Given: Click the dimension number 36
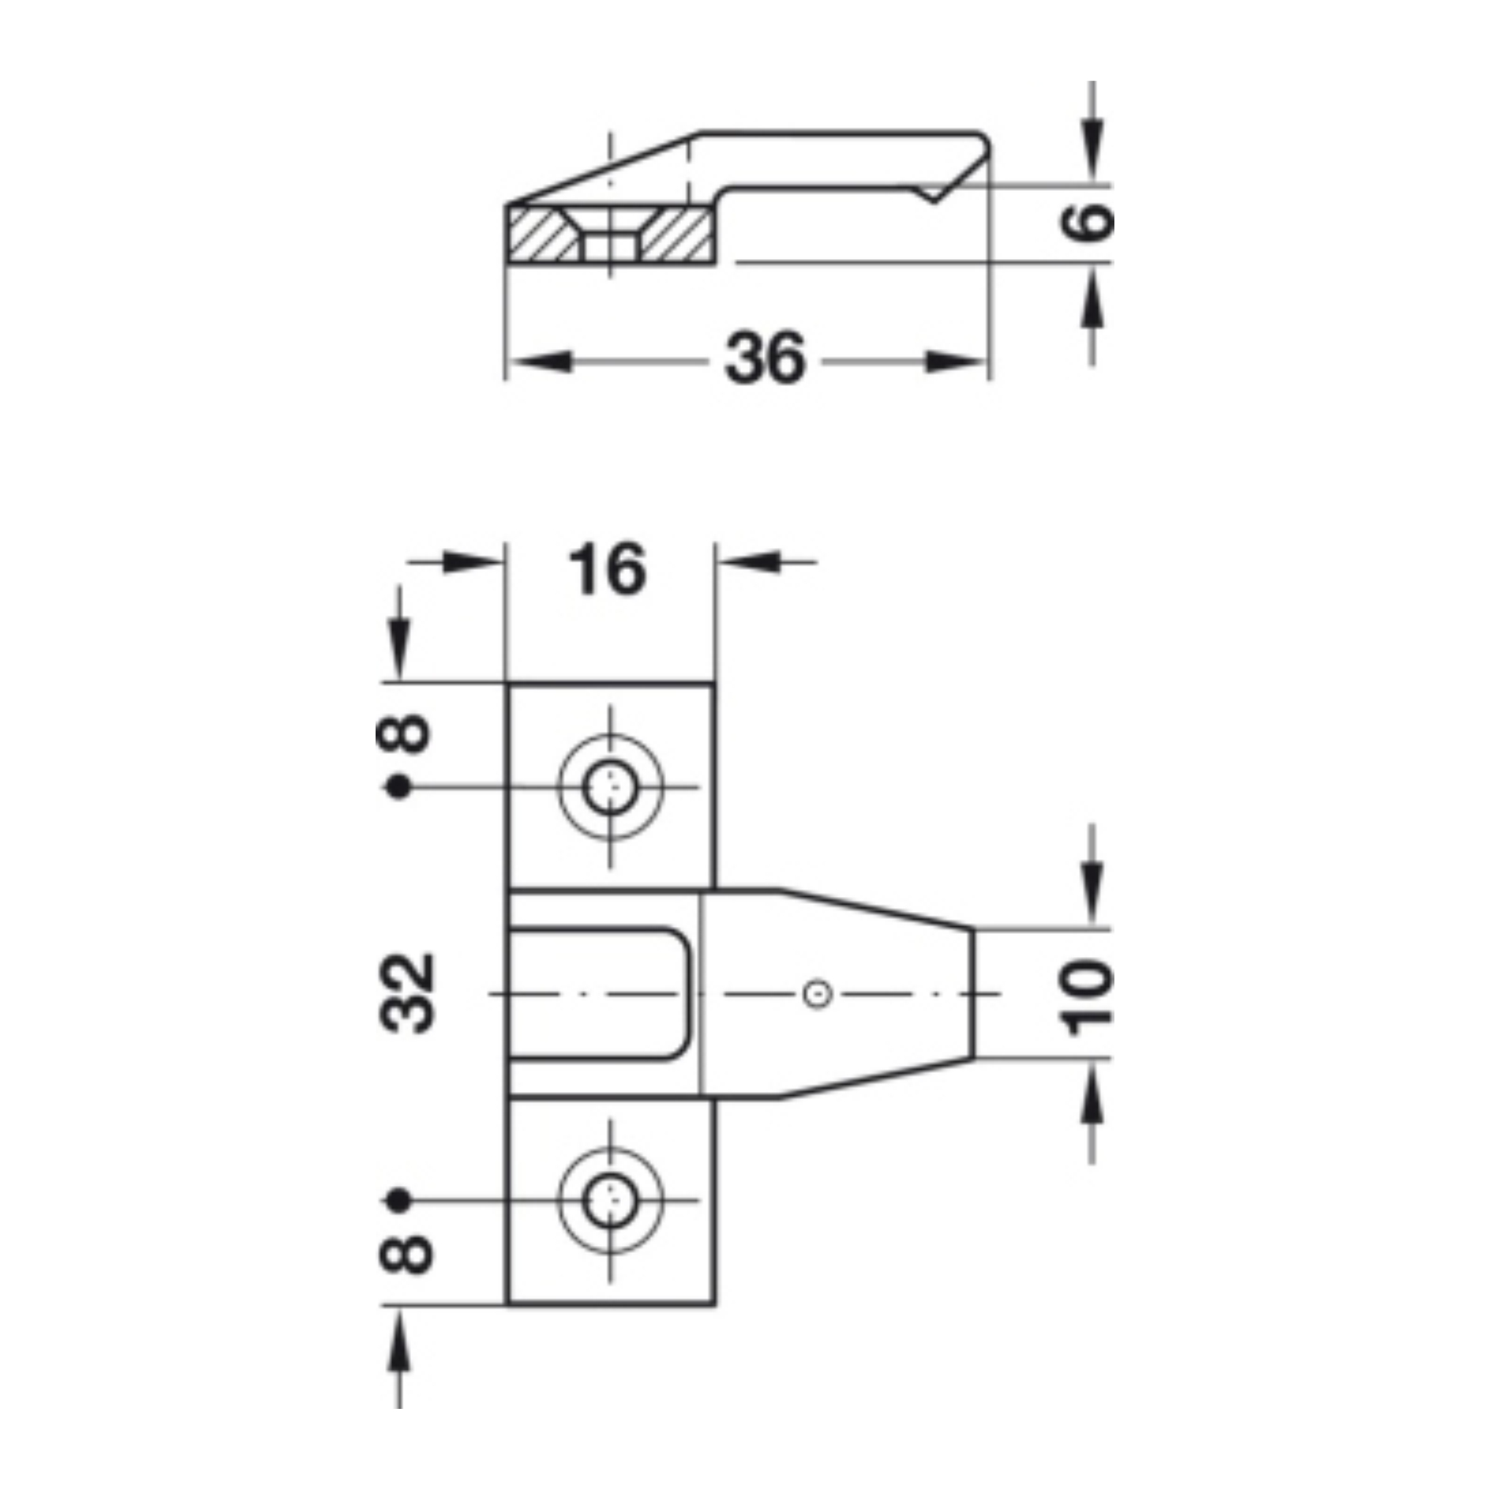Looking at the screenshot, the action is pyautogui.click(x=765, y=358).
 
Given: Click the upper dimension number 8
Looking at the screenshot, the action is pyautogui.click(x=403, y=733).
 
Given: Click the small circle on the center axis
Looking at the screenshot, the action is pyautogui.click(x=817, y=994).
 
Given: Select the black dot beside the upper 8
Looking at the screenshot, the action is pyautogui.click(x=398, y=787).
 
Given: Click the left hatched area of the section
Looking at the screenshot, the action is pyautogui.click(x=540, y=233).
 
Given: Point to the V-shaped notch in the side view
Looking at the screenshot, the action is pyautogui.click(x=934, y=194).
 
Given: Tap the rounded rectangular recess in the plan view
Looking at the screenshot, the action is pyautogui.click(x=600, y=994).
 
